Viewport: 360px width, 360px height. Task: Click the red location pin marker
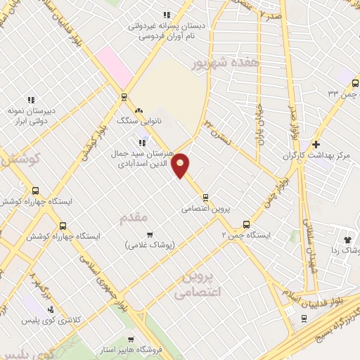(181, 165)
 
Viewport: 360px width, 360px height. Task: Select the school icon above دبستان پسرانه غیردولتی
(167, 14)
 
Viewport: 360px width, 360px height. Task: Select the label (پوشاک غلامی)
(149, 245)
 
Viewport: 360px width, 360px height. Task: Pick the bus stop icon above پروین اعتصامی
(205, 196)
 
